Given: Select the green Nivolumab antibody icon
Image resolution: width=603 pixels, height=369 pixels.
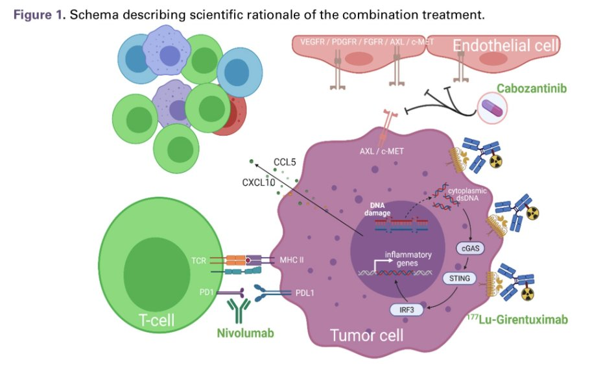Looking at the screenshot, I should click(x=242, y=309).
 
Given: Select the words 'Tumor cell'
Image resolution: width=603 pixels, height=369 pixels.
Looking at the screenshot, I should click(x=366, y=335).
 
